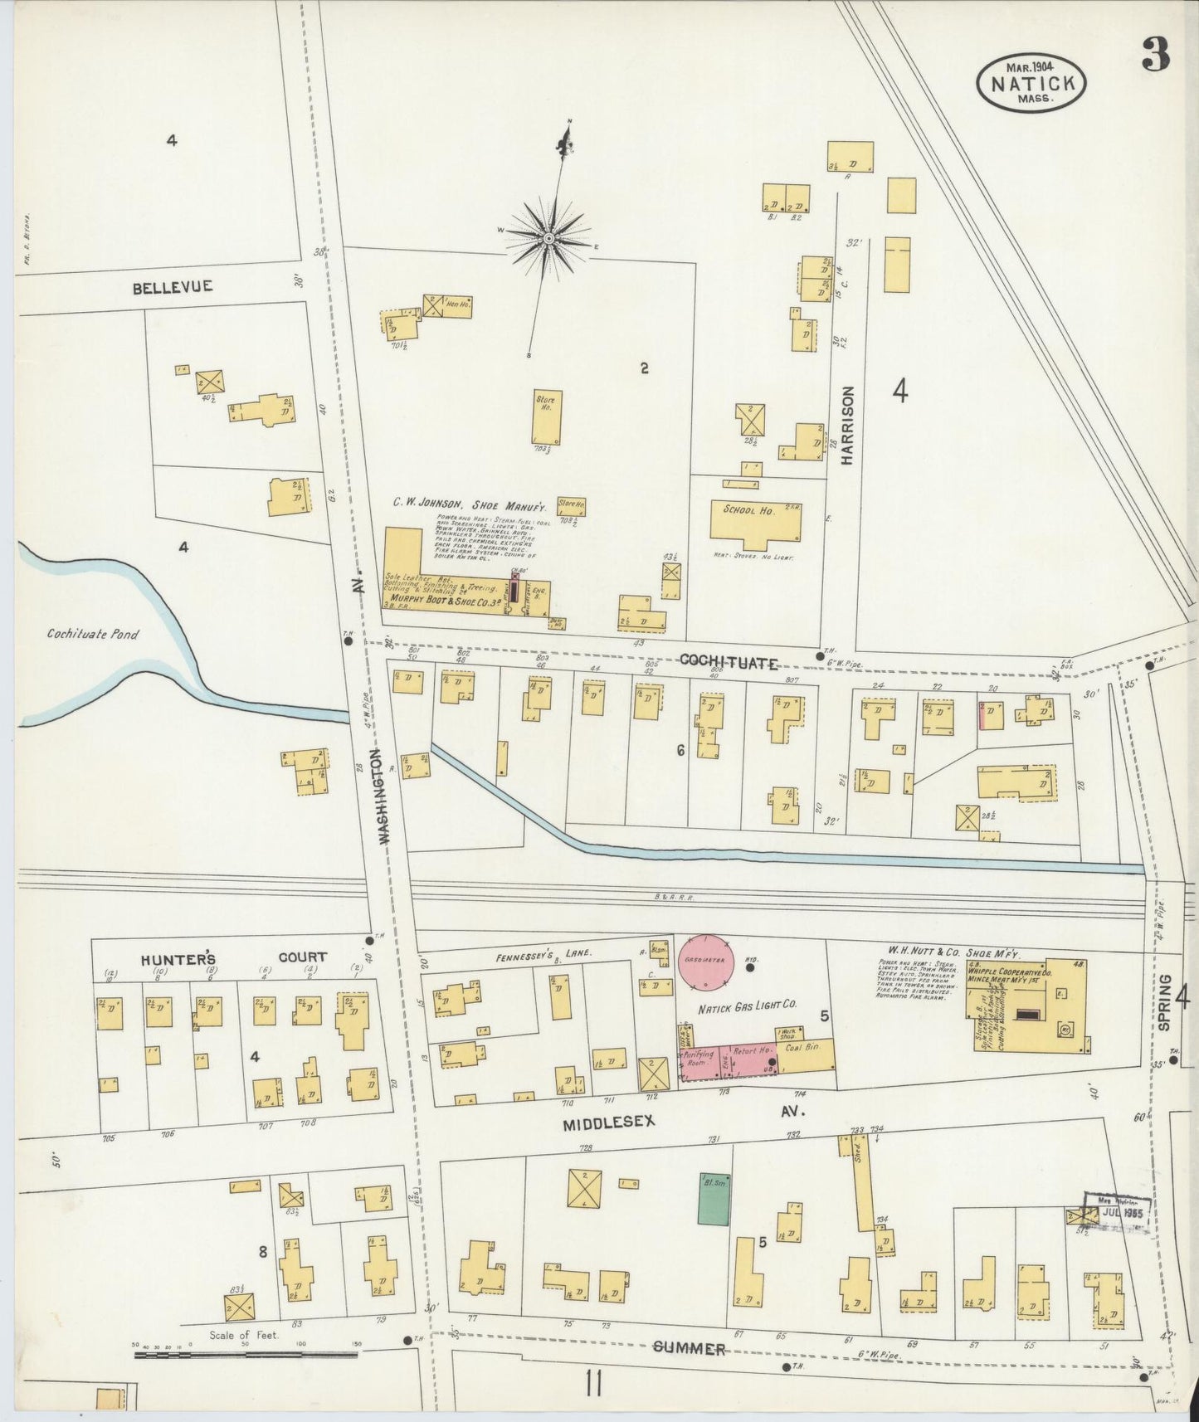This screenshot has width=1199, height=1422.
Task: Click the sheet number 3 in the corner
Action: click(1155, 56)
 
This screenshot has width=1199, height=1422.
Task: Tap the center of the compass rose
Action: click(548, 239)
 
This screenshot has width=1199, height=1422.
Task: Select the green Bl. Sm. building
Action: click(714, 1198)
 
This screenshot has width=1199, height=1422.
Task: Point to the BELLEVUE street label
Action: click(172, 287)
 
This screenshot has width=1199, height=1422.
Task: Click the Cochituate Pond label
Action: click(93, 635)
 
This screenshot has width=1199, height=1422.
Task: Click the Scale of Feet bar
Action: click(246, 1355)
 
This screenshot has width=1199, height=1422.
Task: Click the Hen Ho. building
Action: click(456, 304)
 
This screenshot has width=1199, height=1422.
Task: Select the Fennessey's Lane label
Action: click(544, 954)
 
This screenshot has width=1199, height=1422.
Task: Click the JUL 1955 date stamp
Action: click(1123, 1212)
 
